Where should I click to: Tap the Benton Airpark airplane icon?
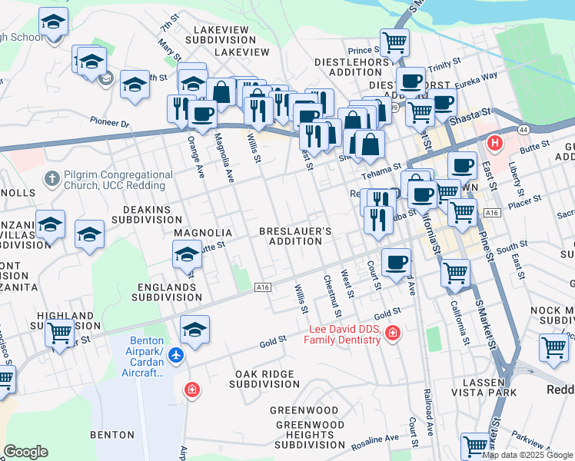pyautogui.click(x=176, y=355)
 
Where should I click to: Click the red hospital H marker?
pyautogui.click(x=496, y=143)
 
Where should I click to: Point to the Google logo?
pyautogui.click(x=25, y=451)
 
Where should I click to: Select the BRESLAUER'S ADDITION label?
pyautogui.click(x=295, y=236)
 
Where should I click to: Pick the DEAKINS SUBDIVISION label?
pyautogui.click(x=146, y=214)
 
